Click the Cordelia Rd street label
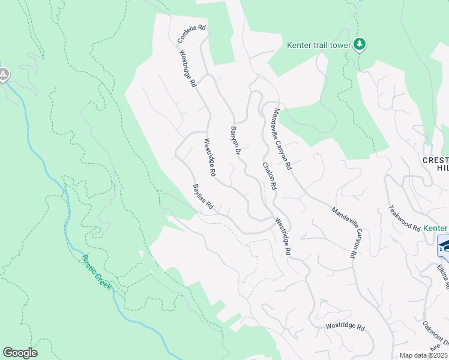[192, 34]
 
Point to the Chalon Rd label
[268, 176]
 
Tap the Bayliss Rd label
[203, 197]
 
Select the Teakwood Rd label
[404, 218]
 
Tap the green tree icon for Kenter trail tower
[360, 44]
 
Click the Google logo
[20, 353]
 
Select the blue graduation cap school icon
[444, 247]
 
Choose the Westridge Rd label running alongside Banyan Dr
[209, 158]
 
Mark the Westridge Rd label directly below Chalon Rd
[283, 238]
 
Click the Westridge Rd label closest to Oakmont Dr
[345, 327]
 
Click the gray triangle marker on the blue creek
[3, 75]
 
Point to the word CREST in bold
[436, 160]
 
